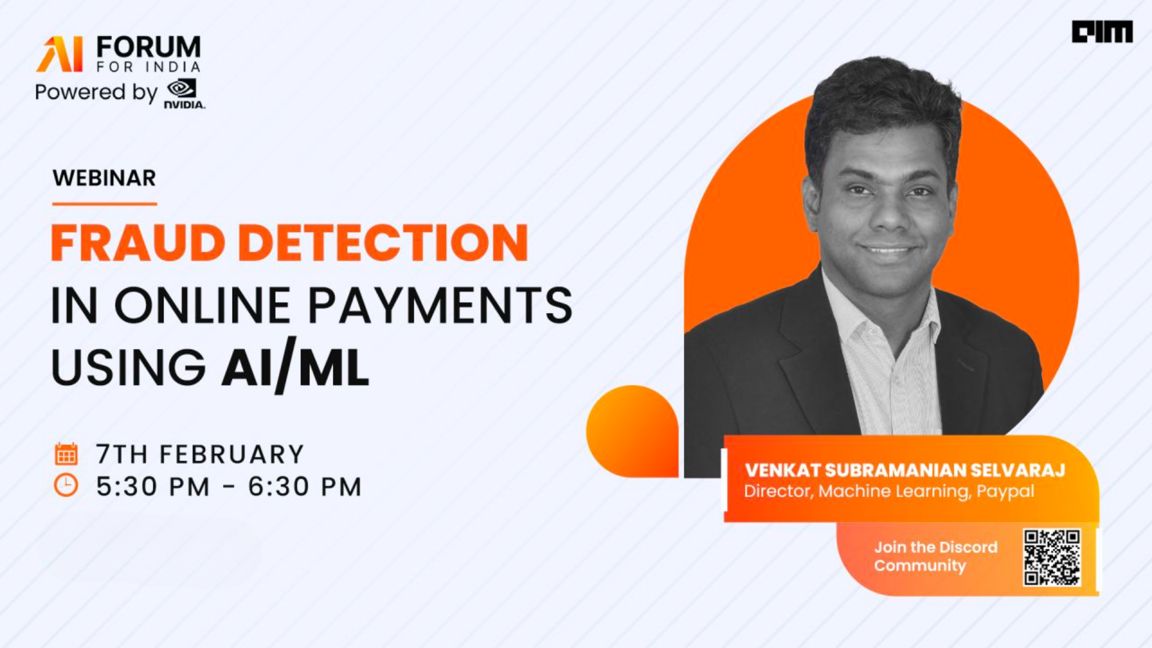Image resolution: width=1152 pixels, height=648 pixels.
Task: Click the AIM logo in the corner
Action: click(x=1102, y=32)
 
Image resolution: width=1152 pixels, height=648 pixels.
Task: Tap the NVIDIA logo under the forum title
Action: click(x=184, y=94)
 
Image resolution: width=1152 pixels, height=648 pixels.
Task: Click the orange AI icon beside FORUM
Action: click(x=60, y=54)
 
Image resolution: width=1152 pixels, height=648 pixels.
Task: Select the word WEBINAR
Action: click(x=104, y=178)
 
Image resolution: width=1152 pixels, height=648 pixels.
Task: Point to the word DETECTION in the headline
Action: click(x=383, y=243)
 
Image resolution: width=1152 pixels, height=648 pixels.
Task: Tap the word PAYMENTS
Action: click(x=440, y=305)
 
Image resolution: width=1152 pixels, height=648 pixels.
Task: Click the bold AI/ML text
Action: click(x=295, y=368)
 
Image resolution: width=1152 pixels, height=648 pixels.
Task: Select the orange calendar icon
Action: click(x=66, y=454)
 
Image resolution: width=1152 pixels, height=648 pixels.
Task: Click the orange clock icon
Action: click(x=66, y=485)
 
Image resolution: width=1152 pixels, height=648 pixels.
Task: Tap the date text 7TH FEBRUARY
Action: click(x=200, y=454)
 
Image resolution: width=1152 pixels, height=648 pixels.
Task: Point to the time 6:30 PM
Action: click(x=305, y=487)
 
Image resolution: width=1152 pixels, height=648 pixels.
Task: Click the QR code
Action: click(x=1052, y=557)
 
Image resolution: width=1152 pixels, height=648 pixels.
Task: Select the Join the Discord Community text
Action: click(x=935, y=556)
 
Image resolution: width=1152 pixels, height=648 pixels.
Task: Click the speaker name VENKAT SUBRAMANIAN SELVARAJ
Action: click(x=905, y=470)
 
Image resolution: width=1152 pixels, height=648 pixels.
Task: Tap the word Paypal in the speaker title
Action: click(x=1006, y=492)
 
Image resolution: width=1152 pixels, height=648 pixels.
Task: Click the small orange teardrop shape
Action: click(x=632, y=431)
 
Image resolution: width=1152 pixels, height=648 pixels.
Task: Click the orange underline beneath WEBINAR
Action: click(x=104, y=204)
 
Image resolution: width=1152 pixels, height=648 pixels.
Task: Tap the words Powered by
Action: click(x=96, y=92)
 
